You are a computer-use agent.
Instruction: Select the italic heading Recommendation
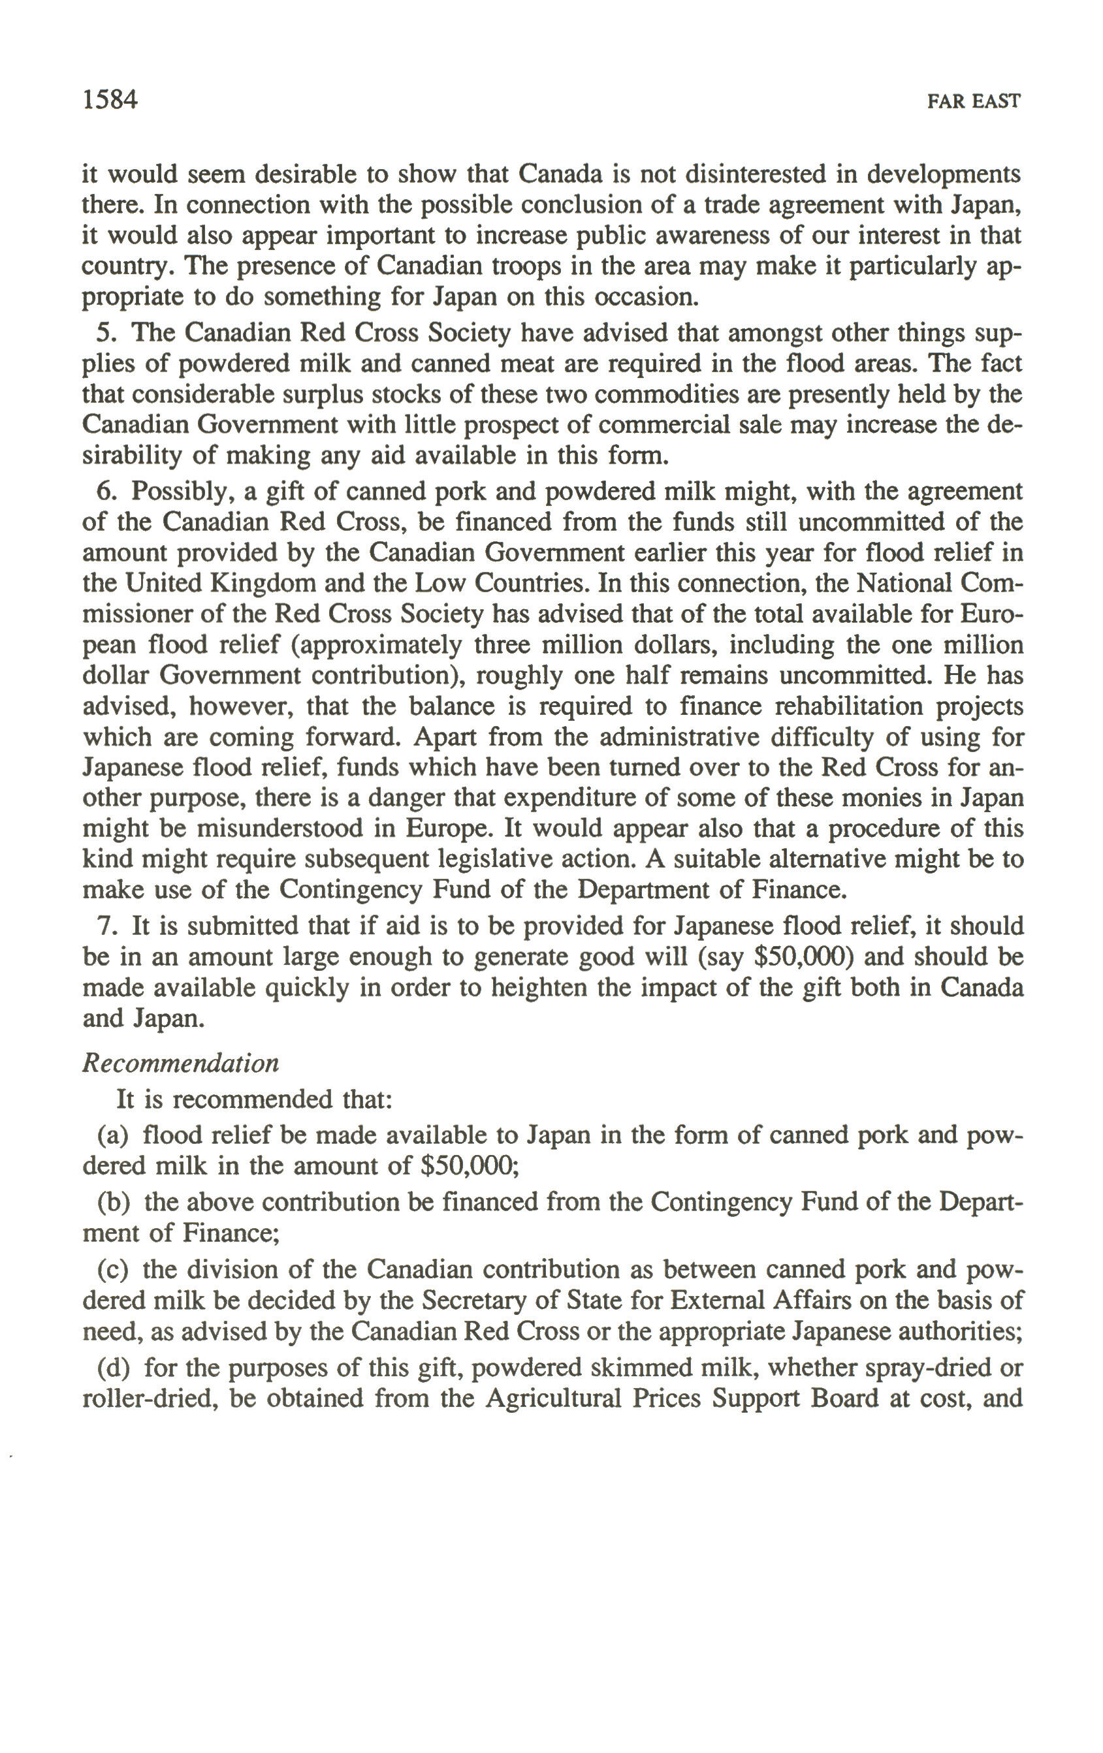[x=180, y=1064]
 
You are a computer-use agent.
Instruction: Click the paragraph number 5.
[x=106, y=333]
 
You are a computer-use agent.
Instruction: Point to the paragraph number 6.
[x=106, y=492]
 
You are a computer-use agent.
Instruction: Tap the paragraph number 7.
[x=106, y=926]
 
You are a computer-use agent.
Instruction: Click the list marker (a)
[x=114, y=1135]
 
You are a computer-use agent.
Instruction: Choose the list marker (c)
[x=114, y=1270]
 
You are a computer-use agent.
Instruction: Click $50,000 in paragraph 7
[x=804, y=956]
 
